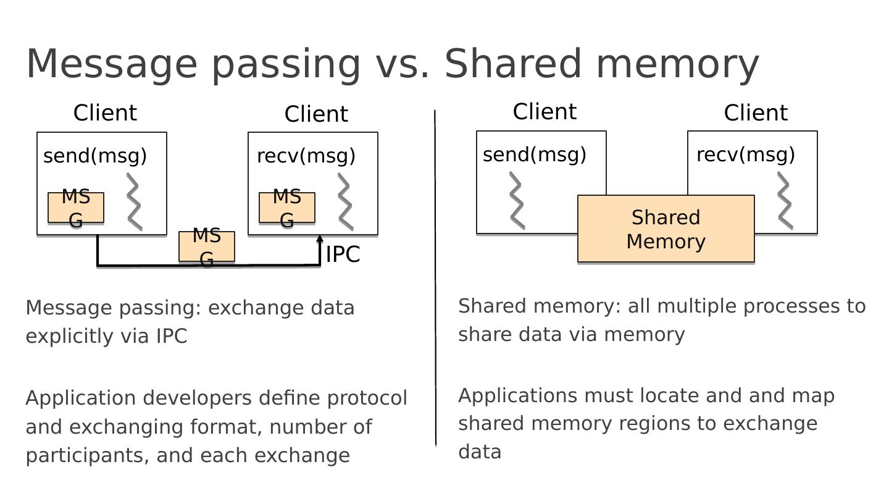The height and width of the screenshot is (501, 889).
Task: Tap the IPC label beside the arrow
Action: pos(343,255)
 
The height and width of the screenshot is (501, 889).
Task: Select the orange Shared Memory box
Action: pos(666,229)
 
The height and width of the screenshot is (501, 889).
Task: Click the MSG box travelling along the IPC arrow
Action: pos(207,246)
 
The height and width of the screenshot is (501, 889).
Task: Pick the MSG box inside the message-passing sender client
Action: pos(76,208)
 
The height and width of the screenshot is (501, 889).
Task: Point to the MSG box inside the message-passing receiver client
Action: pos(287,208)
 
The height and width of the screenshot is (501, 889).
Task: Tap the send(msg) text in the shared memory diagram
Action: pos(534,154)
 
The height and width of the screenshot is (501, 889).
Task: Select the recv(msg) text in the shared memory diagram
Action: pos(745,154)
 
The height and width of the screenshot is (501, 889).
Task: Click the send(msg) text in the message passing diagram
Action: pos(95,156)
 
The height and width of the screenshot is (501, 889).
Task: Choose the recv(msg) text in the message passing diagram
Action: pos(306,156)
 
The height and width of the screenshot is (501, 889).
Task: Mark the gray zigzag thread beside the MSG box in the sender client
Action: pos(135,202)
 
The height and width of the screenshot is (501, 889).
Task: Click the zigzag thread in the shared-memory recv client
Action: pos(785,201)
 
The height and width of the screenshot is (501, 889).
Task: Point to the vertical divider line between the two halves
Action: pos(435,278)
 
